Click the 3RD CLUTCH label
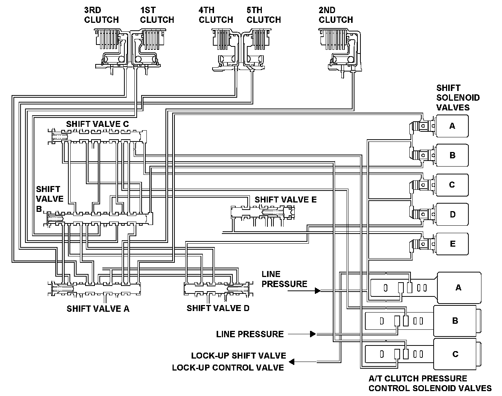pyautogui.click(x=101, y=15)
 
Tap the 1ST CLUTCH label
pyautogui.click(x=157, y=15)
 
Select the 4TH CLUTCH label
pyautogui.click(x=216, y=15)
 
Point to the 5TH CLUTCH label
pyautogui.click(x=264, y=15)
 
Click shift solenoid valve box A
pyautogui.click(x=452, y=126)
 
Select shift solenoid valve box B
pyautogui.click(x=452, y=155)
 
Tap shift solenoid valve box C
pyautogui.click(x=452, y=185)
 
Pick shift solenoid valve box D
pyautogui.click(x=452, y=214)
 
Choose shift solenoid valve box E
pyautogui.click(x=452, y=244)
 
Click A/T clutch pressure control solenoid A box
pyautogui.click(x=459, y=287)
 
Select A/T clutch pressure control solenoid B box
pyautogui.click(x=457, y=321)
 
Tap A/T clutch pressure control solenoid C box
pyautogui.click(x=457, y=354)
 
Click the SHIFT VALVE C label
pyautogui.click(x=97, y=124)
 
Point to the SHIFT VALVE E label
pyautogui.click(x=285, y=199)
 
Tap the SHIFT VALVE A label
pyautogui.click(x=98, y=309)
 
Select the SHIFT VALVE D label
pyautogui.click(x=218, y=308)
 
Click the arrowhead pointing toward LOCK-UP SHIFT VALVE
pyautogui.click(x=292, y=362)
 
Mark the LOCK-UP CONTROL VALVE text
pyautogui.click(x=228, y=368)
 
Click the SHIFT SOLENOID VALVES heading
pyautogui.click(x=458, y=98)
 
